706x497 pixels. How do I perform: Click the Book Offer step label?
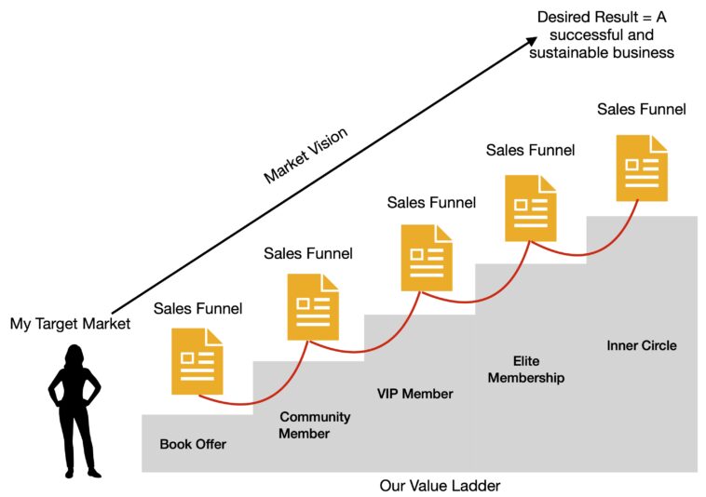pyautogui.click(x=193, y=444)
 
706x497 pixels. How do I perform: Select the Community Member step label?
pyautogui.click(x=316, y=424)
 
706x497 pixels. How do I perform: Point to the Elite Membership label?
pyautogui.click(x=525, y=369)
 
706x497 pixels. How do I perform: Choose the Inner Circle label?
pyautogui.click(x=642, y=345)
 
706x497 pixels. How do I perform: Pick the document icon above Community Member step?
pyautogui.click(x=312, y=306)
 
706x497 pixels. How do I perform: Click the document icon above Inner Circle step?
pyautogui.click(x=642, y=168)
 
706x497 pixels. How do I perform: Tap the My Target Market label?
pyautogui.click(x=70, y=324)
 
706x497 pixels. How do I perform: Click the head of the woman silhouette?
pyautogui.click(x=74, y=356)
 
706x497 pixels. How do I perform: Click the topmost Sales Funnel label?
pyautogui.click(x=642, y=109)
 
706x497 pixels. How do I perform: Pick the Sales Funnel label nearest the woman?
pyautogui.click(x=197, y=307)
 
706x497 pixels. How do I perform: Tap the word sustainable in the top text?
pyautogui.click(x=572, y=52)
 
